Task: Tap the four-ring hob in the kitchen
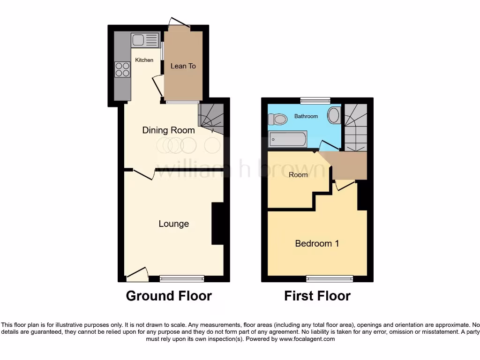122,69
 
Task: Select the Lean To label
183,66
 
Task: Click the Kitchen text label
144,60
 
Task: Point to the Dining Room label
168,130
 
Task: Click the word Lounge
173,224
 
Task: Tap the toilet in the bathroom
279,119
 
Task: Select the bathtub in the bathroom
288,139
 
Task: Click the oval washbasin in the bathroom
334,115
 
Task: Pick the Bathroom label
306,116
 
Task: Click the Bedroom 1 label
317,243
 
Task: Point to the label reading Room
298,175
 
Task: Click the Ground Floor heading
169,296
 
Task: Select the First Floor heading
317,296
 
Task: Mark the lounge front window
182,279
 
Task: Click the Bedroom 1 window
330,279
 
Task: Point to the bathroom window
315,100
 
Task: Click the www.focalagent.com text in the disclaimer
307,339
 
